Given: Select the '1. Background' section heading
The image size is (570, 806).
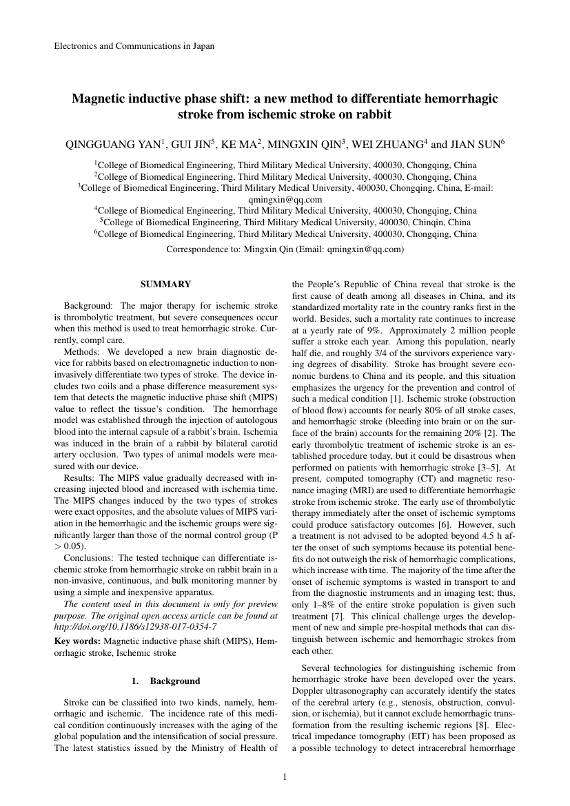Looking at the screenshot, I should point(165,681).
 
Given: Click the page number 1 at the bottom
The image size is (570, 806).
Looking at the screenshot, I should point(285,777).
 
